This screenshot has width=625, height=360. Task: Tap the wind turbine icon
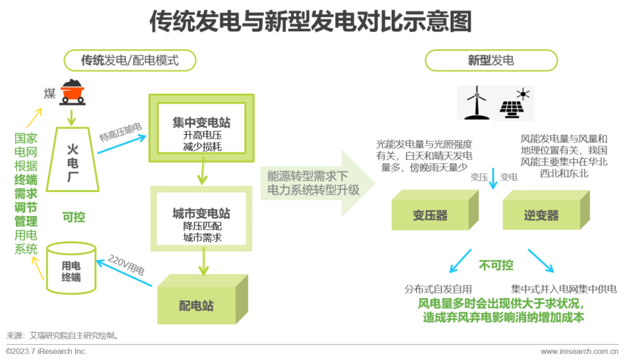click(476, 102)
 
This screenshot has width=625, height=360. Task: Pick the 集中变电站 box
click(201, 131)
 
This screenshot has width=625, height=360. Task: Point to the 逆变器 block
click(542, 215)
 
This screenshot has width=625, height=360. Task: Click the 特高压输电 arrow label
click(121, 137)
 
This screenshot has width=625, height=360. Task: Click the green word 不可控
click(496, 265)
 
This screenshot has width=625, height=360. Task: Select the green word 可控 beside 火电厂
click(73, 218)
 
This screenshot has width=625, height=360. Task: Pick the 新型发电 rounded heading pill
click(491, 60)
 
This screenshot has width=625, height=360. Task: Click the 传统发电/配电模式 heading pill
click(130, 60)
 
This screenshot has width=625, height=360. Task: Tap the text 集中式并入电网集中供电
click(563, 289)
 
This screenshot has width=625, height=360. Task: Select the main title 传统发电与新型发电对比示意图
click(311, 22)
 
